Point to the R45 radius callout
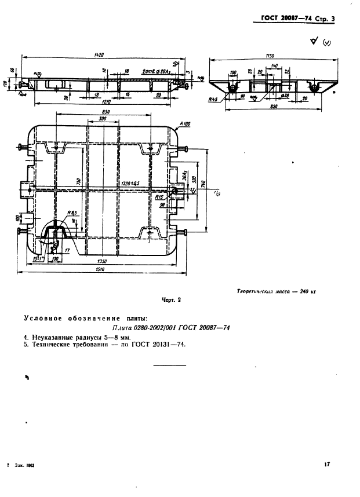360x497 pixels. (x=213, y=99)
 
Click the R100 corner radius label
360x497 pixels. (x=186, y=123)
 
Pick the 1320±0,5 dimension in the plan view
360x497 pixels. (x=132, y=183)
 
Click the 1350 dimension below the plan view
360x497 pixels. (x=104, y=261)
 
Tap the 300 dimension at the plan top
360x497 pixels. (x=103, y=118)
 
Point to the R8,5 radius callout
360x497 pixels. (x=72, y=213)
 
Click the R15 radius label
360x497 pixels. (x=159, y=197)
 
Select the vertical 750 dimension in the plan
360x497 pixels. (x=78, y=181)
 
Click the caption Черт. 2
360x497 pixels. (x=171, y=300)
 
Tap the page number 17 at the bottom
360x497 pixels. (x=327, y=463)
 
